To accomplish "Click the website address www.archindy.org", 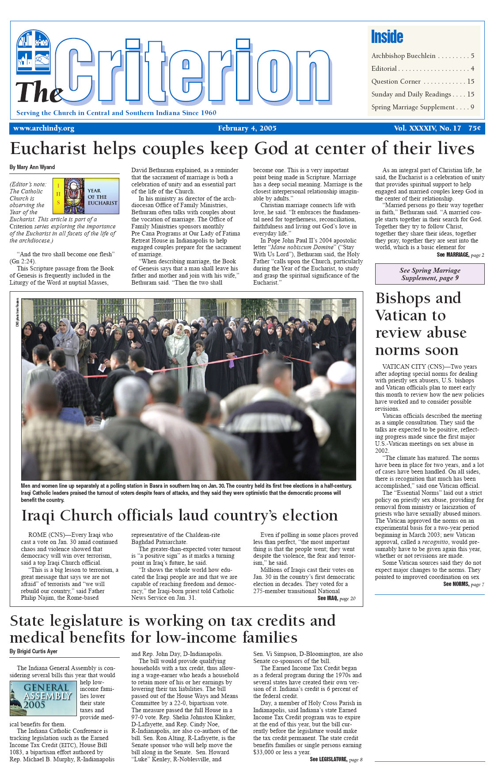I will [x=44, y=128].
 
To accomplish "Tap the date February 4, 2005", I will [x=247, y=128].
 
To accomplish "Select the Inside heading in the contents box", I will [x=387, y=37].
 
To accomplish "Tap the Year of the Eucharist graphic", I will [x=86, y=196].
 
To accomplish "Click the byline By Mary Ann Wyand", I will [x=32, y=167].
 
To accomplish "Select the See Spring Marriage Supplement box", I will [x=430, y=274].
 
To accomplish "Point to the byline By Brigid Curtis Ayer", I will [x=34, y=652].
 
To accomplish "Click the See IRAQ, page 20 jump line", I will [x=336, y=598].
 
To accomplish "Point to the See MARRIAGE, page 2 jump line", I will [x=460, y=255].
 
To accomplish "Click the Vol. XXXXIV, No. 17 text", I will [x=427, y=128].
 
